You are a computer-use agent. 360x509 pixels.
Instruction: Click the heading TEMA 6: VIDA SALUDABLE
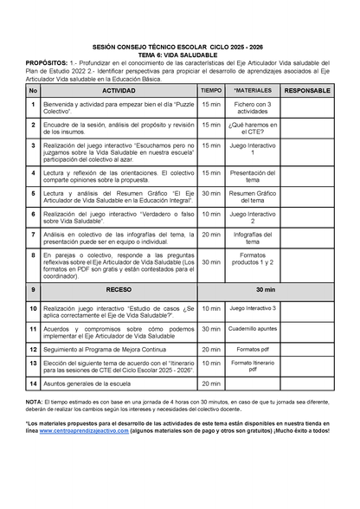coord(180,55)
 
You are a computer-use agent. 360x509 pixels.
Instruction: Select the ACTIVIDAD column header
coord(119,90)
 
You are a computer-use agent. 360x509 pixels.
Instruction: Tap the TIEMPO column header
coord(210,90)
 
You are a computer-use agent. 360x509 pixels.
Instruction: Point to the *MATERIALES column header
coord(253,90)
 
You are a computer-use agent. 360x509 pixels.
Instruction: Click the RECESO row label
coord(119,290)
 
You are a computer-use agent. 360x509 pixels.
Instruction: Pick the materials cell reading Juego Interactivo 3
coord(253,308)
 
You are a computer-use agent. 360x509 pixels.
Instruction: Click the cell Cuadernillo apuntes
coord(253,330)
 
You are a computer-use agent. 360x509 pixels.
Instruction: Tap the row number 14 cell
coord(33,383)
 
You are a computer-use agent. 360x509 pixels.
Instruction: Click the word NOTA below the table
coord(34,403)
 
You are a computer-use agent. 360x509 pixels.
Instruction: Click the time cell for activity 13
coord(210,366)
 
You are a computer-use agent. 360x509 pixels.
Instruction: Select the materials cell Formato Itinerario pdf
coord(253,366)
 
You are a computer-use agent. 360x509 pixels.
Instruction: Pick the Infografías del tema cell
coord(253,237)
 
